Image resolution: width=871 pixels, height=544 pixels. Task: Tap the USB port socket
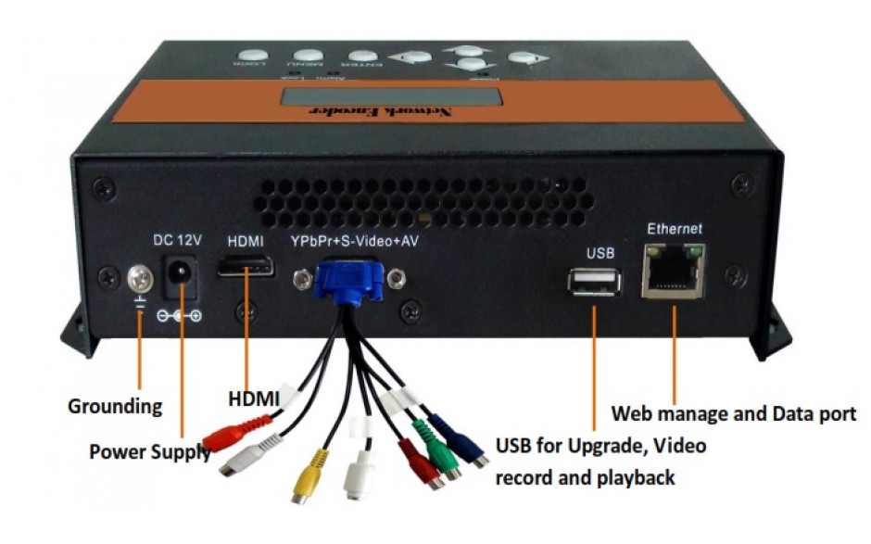coord(594,281)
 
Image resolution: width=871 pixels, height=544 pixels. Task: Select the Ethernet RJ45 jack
coord(674,269)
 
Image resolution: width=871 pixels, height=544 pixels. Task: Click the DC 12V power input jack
coord(181,274)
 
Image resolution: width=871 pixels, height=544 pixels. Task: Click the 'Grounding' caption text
coord(115,406)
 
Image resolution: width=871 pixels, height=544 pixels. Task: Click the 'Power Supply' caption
coord(148,452)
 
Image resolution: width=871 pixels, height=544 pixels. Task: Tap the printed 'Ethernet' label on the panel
coord(674,228)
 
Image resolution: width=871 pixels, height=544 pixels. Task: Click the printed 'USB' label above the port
coord(593,252)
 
